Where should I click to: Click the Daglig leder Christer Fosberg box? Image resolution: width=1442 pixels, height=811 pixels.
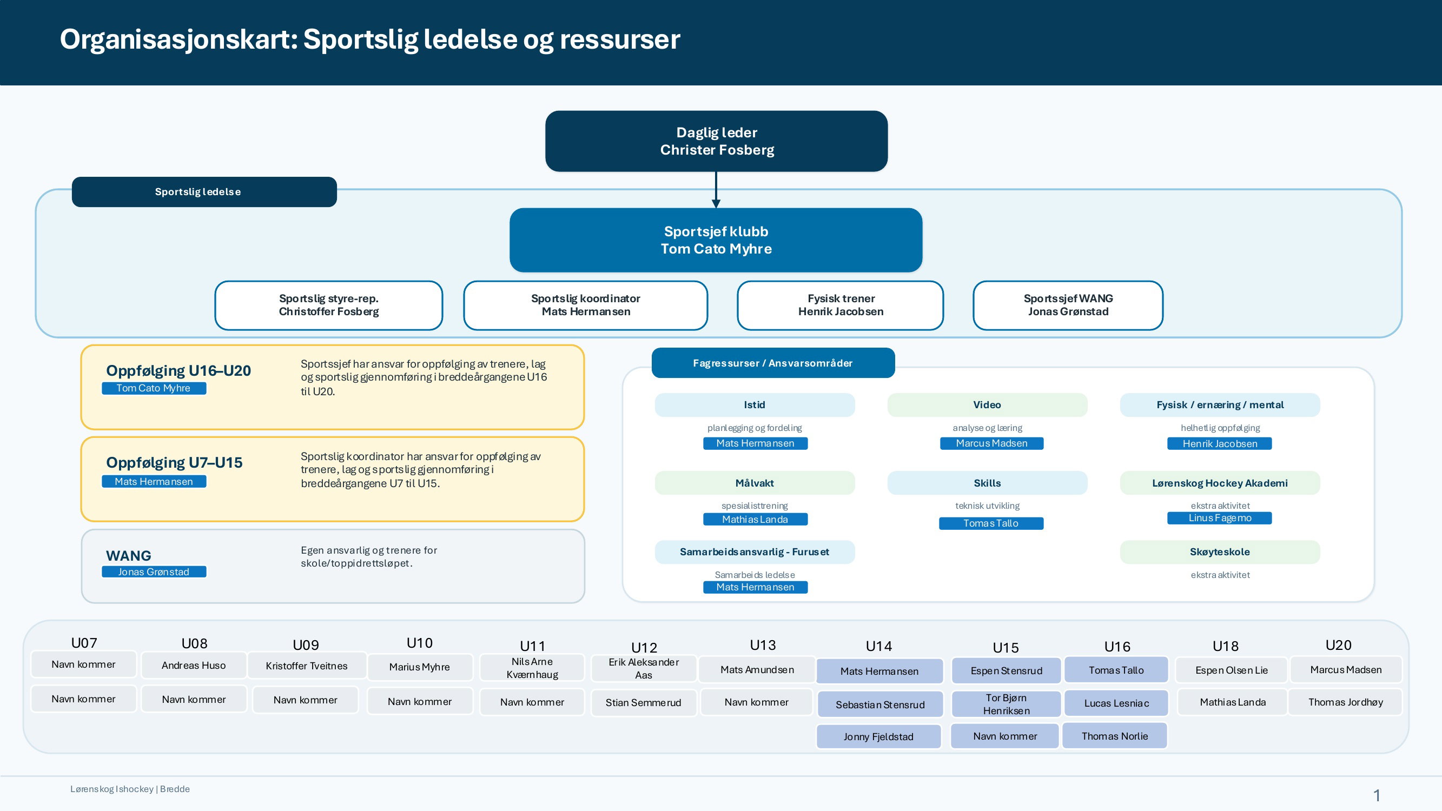point(716,141)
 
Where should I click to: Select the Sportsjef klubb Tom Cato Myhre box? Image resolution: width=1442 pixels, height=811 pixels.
point(716,240)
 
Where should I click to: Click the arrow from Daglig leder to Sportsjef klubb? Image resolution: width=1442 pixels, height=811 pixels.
point(716,190)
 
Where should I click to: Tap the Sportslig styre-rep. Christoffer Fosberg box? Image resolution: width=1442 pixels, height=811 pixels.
point(329,305)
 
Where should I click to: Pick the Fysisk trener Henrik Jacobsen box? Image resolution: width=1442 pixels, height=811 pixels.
point(840,305)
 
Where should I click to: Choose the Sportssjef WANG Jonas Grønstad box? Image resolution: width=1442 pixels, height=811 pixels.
point(1068,305)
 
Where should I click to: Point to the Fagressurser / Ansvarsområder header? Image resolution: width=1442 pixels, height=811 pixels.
point(773,363)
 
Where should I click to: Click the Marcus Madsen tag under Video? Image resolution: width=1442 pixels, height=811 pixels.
point(991,443)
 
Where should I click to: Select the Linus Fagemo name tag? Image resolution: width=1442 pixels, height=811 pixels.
point(1219,518)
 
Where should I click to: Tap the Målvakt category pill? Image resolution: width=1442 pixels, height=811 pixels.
point(755,483)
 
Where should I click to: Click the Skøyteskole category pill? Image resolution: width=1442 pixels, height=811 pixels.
point(1220,552)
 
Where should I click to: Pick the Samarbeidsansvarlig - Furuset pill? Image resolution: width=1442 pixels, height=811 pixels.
point(755,552)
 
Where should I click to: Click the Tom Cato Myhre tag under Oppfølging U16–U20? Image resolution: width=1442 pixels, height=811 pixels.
point(154,388)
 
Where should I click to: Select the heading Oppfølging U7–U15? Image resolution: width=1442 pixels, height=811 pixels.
point(174,462)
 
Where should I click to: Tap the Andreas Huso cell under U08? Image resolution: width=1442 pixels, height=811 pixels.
point(194,666)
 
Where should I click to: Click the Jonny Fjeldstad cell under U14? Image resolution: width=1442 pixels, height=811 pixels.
point(878,736)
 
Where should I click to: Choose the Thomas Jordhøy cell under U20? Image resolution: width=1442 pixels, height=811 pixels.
point(1345,702)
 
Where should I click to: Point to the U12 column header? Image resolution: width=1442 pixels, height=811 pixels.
point(644,648)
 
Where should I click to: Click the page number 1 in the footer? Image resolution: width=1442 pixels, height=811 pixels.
point(1377,795)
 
